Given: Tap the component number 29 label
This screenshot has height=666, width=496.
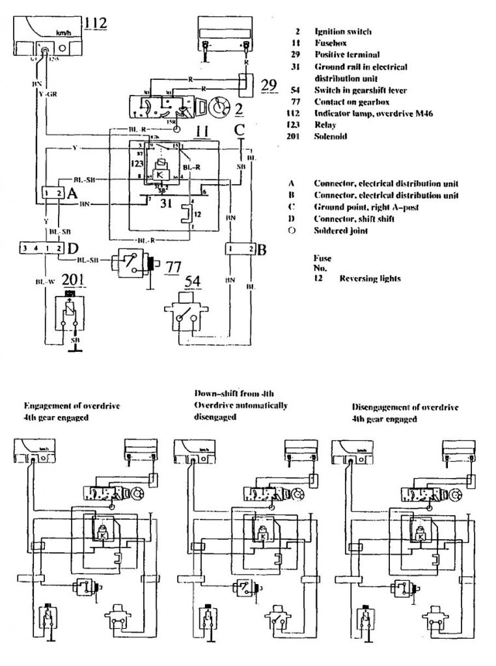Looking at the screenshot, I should click(268, 85).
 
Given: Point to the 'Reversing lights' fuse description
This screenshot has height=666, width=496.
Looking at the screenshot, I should click(370, 278).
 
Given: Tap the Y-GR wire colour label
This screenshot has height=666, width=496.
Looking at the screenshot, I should click(47, 94).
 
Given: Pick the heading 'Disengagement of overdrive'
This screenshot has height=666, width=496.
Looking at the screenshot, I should click(405, 407).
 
